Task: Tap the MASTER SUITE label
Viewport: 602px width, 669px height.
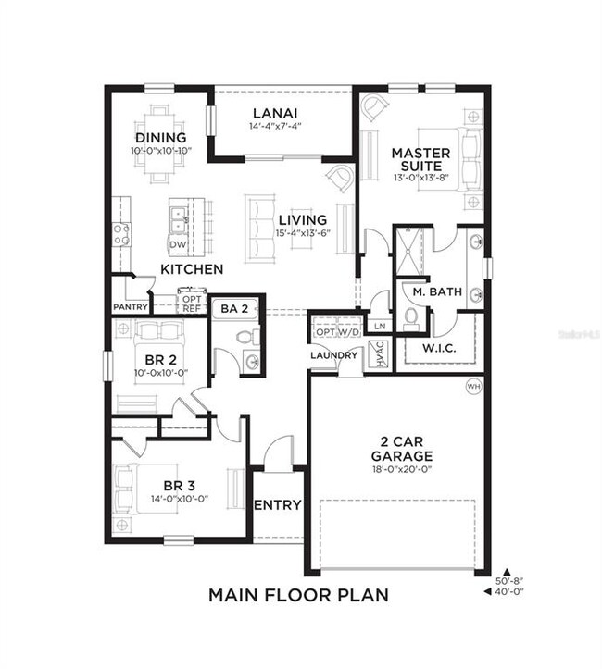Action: (x=420, y=160)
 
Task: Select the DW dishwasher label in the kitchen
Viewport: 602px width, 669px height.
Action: (x=175, y=244)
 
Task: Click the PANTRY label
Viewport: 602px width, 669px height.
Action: (x=131, y=306)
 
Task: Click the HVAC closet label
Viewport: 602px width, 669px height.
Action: (x=377, y=354)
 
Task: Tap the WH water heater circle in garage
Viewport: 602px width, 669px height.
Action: (x=474, y=386)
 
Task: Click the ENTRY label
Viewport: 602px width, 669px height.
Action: (x=277, y=505)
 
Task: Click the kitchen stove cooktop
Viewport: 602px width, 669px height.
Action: (x=121, y=234)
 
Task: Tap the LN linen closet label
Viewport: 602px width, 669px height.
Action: (x=378, y=326)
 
